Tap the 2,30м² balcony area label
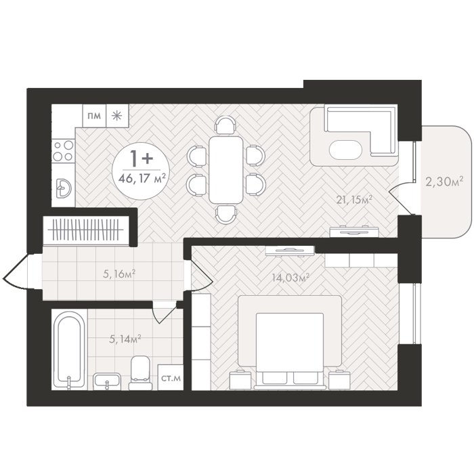tap(444, 181)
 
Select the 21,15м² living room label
tap(354, 200)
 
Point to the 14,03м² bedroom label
tap(290, 277)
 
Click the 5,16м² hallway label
tap(118, 274)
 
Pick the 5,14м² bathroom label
tap(125, 339)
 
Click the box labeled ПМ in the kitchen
tap(94, 116)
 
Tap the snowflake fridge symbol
tap(117, 116)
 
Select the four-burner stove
tap(63, 150)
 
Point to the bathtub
tap(69, 349)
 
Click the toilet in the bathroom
tap(140, 372)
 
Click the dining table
tap(225, 169)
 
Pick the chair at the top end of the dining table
tap(225, 125)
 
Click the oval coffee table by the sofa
tap(345, 150)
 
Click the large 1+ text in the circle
tap(141, 158)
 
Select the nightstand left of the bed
tap(240, 379)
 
